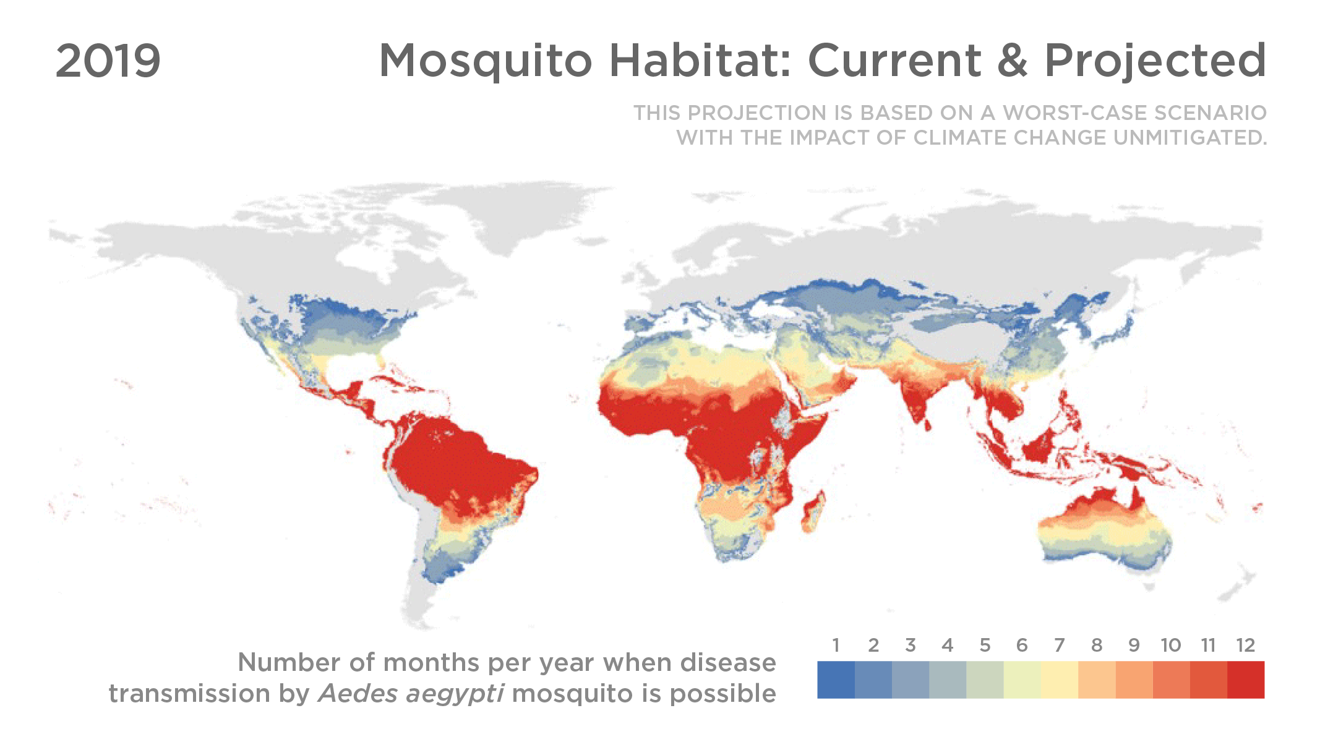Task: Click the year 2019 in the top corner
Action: [108, 61]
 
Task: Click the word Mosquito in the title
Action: [486, 61]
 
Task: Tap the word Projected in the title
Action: [1155, 61]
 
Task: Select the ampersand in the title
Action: [1012, 61]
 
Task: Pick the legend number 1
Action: [836, 646]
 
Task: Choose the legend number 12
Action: [1245, 646]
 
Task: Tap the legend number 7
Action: [1059, 646]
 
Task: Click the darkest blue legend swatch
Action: [836, 680]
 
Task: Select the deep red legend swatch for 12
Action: [1245, 680]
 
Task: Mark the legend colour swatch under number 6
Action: [1022, 680]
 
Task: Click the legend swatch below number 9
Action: [1134, 680]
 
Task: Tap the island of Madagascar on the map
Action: [813, 511]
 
